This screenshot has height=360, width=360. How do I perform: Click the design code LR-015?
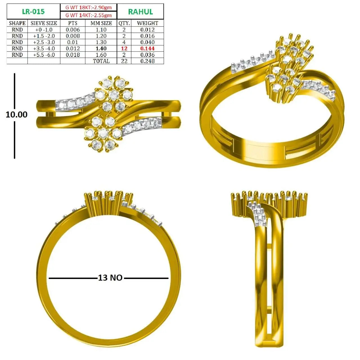point(33,12)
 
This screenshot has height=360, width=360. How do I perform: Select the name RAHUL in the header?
point(141,12)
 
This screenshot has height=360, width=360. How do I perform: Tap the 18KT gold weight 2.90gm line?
point(88,8)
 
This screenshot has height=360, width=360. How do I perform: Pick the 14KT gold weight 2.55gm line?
point(88,15)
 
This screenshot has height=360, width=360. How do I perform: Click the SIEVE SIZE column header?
point(44,23)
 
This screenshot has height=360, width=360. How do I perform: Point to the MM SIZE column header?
point(101,23)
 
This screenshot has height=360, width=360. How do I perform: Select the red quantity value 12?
point(124,49)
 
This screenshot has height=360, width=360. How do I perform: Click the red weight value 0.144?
point(147,49)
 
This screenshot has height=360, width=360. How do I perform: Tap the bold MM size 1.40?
point(101,49)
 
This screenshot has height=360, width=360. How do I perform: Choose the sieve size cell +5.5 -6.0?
point(44,55)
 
